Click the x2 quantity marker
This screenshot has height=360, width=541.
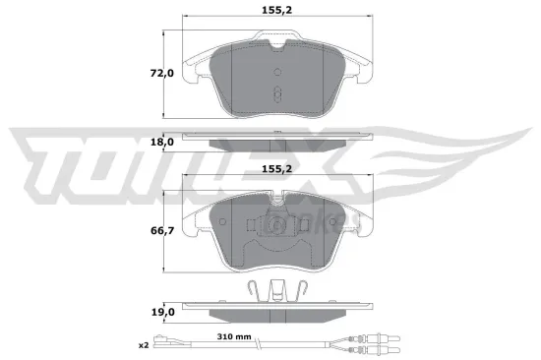(x=145, y=345)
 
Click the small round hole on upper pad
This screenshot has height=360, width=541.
(x=278, y=71)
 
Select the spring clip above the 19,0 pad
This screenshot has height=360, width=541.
(x=278, y=289)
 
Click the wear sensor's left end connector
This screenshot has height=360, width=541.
(x=173, y=345)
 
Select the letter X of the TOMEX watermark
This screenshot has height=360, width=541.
(x=472, y=157)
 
